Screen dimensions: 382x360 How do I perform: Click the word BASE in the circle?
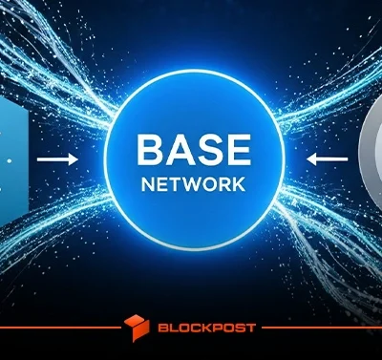[194, 149]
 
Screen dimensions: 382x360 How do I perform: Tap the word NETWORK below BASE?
[193, 184]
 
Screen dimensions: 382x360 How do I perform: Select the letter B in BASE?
[150, 149]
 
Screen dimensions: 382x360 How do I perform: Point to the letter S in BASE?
[208, 149]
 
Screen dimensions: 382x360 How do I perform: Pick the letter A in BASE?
[179, 149]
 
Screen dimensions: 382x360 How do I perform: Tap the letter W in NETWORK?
[189, 184]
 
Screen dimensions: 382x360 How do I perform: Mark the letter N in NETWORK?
[147, 184]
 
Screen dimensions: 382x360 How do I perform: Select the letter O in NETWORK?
[208, 184]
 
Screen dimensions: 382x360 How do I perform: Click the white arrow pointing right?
[57, 159]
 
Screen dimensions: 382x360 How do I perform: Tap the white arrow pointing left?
[327, 159]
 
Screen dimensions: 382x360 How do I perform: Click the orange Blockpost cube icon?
[137, 328]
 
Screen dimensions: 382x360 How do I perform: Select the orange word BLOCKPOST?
[207, 328]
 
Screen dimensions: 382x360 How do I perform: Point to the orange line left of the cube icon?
[60, 328]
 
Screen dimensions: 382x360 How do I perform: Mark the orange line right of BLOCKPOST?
[322, 328]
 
